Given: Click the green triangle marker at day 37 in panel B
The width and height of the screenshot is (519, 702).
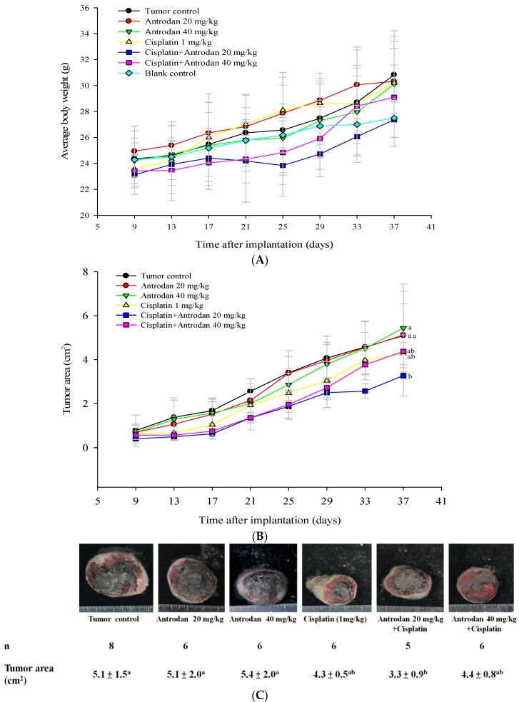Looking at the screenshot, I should (x=403, y=329).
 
